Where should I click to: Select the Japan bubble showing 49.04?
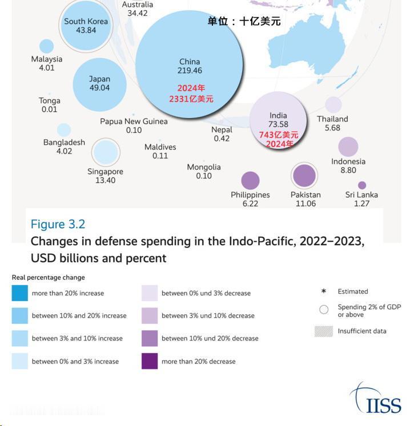[99, 84]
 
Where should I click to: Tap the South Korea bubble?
[86, 26]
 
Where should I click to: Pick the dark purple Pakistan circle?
[304, 176]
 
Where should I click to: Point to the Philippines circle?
[250, 181]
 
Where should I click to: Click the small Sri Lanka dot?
[361, 185]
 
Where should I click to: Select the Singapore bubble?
[106, 152]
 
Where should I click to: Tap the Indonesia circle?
[348, 147]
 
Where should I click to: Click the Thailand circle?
[333, 104]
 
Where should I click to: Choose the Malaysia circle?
[46, 47]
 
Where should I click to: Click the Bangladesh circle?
[64, 130]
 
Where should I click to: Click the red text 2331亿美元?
[191, 99]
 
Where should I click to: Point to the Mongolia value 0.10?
[204, 176]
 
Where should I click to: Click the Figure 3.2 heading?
[58, 224]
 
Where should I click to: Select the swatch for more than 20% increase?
[19, 293]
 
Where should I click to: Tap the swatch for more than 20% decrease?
[150, 361]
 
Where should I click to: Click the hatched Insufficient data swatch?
[323, 331]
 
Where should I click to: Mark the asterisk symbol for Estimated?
[324, 291]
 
